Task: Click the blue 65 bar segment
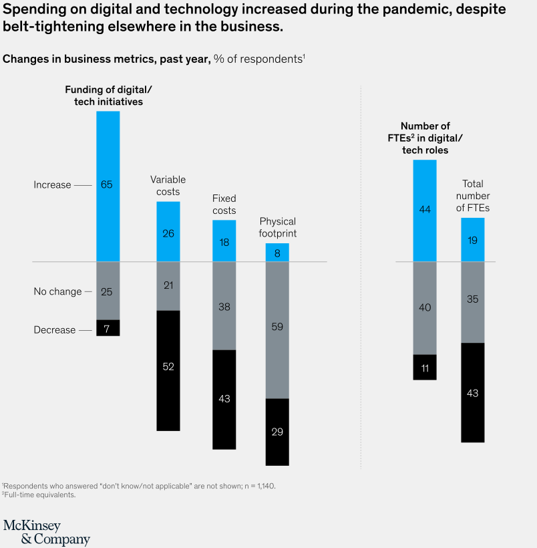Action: coord(108,186)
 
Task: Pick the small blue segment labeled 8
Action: coord(277,253)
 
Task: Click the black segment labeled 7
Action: coord(108,327)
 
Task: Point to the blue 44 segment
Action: coord(425,211)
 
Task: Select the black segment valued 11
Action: coord(425,367)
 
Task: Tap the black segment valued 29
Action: coord(277,432)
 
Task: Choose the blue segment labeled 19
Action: coord(473,240)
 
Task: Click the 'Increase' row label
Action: coord(52,185)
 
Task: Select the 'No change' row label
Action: coord(57,291)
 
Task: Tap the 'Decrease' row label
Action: coord(55,330)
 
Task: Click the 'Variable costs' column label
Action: coord(168,186)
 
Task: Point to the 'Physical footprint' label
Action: coord(277,227)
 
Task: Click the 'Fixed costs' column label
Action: coord(224,204)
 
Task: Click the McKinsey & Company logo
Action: coord(47,531)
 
